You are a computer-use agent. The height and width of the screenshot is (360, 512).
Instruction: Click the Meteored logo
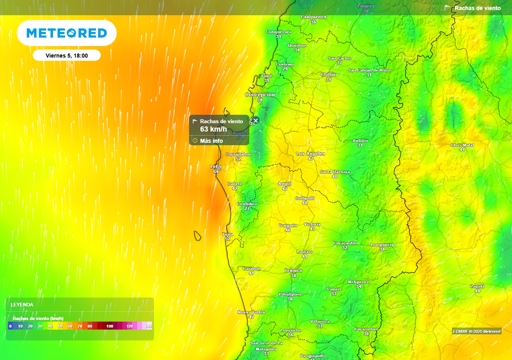66,33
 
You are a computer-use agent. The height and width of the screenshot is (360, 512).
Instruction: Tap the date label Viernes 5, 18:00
66,55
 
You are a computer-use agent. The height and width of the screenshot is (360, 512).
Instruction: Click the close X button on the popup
255,120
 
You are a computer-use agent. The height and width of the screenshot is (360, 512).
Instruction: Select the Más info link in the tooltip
211,140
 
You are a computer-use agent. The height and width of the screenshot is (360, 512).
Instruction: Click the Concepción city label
259,94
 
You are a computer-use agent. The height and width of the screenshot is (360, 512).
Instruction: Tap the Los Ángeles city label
310,153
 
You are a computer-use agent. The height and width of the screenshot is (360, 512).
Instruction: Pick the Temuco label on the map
293,270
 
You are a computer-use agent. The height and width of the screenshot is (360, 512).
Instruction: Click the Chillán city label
328,74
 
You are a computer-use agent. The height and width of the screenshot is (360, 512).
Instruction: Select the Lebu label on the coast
215,166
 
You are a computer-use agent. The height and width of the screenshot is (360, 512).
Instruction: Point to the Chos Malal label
462,145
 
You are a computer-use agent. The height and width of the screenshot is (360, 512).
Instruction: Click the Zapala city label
477,286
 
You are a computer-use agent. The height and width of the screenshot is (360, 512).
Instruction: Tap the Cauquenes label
313,17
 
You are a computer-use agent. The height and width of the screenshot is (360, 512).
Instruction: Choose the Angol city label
284,183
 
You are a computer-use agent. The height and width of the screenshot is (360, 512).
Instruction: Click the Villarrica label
319,321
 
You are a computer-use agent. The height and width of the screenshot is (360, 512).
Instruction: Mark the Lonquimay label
382,244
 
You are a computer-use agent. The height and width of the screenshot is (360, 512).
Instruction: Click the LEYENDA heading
22,304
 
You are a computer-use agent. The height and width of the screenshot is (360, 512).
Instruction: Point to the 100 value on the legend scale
109,326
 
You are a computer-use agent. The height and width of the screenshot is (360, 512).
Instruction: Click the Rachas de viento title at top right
477,8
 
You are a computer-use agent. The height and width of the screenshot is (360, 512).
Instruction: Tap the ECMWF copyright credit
476,331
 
